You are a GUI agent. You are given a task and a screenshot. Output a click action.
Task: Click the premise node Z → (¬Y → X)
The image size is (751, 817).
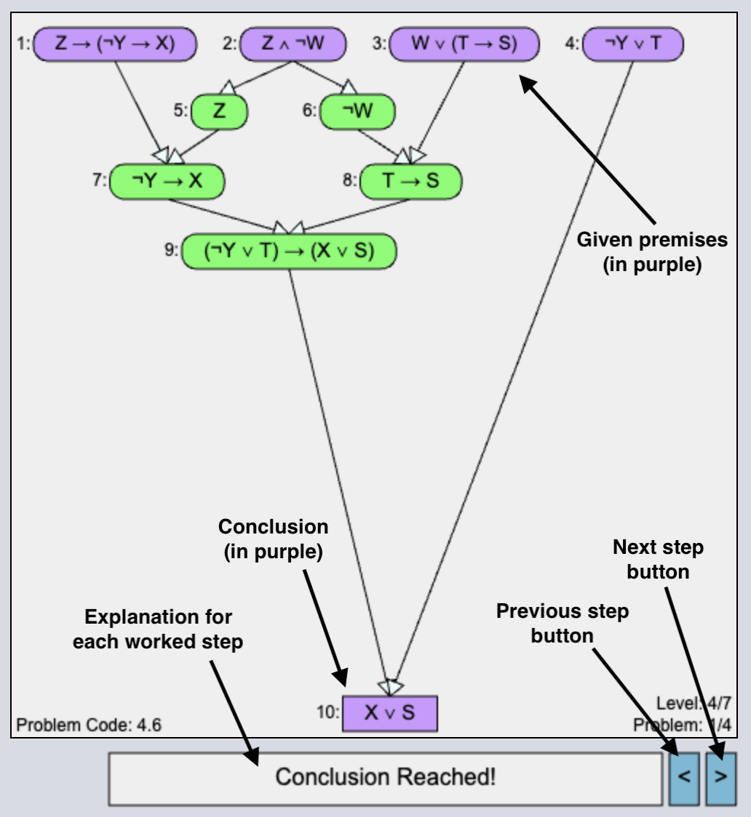pyautogui.click(x=116, y=44)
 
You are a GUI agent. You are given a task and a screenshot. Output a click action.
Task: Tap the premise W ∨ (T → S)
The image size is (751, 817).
pyautogui.click(x=464, y=44)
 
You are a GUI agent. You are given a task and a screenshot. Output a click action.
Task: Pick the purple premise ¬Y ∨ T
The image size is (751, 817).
pyautogui.click(x=635, y=44)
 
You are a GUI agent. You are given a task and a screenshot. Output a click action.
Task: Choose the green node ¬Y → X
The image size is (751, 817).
pyautogui.click(x=167, y=181)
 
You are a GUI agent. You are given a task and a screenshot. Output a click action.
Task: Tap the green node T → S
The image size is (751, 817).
pyautogui.click(x=411, y=181)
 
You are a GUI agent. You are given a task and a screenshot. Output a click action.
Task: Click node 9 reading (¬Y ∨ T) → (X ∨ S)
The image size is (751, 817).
pyautogui.click(x=289, y=251)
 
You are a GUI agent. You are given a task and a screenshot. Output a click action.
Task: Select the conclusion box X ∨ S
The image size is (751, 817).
pyautogui.click(x=389, y=712)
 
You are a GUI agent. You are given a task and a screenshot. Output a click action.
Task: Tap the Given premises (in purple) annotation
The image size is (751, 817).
pyautogui.click(x=652, y=252)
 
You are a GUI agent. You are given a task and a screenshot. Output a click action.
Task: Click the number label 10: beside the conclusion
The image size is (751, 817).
pyautogui.click(x=327, y=713)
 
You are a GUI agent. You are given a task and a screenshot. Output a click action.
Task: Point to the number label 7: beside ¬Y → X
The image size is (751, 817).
pyautogui.click(x=100, y=181)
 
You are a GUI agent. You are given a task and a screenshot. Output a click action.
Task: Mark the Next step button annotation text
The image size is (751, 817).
pyautogui.click(x=659, y=560)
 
